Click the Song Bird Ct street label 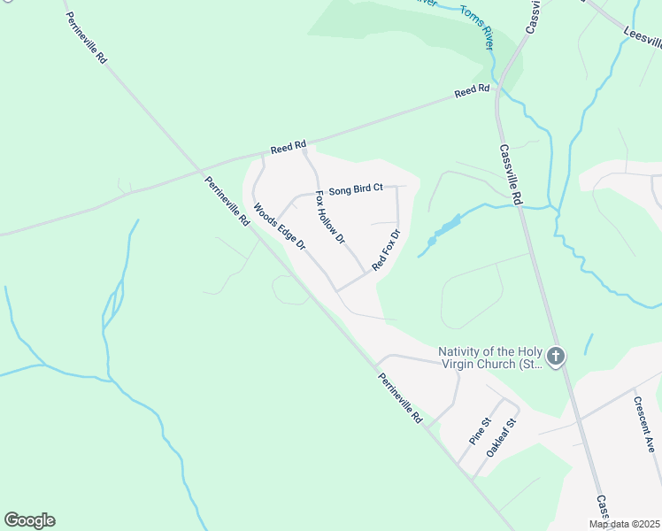tap(355, 189)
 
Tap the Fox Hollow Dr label tap(330, 218)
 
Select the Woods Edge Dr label tap(279, 227)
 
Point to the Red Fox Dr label tap(387, 250)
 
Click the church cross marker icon tap(556, 357)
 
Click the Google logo tap(29, 520)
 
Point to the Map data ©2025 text tap(625, 524)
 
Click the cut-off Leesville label tap(643, 35)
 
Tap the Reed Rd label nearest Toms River tap(472, 91)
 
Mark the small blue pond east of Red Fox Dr tap(443, 230)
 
